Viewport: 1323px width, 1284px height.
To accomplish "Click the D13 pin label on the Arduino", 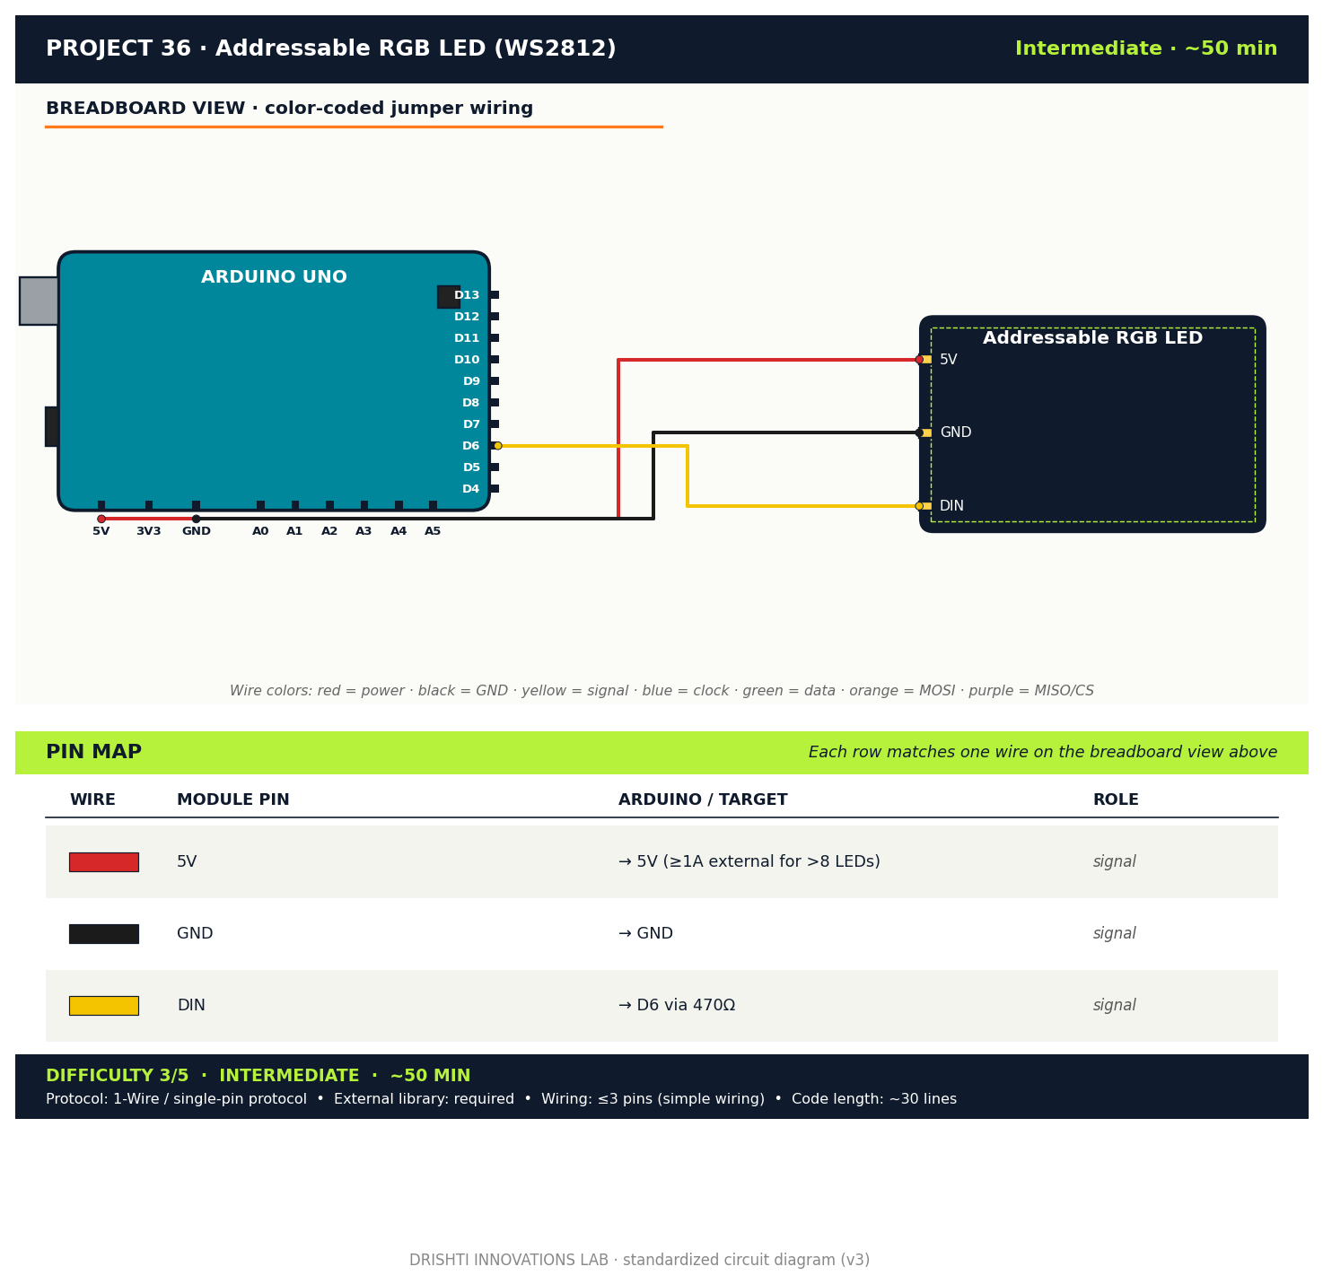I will (x=467, y=295).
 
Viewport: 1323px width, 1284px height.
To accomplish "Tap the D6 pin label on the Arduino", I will (x=470, y=446).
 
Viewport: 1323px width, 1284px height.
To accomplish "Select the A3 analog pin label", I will (x=364, y=531).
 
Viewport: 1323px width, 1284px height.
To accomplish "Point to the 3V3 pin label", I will (x=148, y=531).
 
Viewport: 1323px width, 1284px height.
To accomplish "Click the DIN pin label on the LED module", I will (x=951, y=506).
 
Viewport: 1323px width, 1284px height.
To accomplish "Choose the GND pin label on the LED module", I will (x=955, y=432).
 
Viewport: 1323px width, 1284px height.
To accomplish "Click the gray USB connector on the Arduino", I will (x=39, y=301).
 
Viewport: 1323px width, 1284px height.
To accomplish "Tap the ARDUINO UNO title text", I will (x=274, y=277).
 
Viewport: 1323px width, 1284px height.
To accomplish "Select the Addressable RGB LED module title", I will (x=1092, y=338).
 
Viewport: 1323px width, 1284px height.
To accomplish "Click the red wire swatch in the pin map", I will (x=104, y=862).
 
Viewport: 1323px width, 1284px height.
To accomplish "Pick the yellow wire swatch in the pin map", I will (x=104, y=1006).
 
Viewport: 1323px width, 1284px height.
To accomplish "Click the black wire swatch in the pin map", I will (x=104, y=934).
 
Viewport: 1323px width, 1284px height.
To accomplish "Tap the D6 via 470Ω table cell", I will (x=677, y=1006).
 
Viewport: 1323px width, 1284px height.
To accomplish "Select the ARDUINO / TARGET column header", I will (x=703, y=799).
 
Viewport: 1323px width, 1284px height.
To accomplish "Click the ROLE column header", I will (x=1116, y=799).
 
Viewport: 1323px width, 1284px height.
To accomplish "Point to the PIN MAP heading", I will (x=93, y=752).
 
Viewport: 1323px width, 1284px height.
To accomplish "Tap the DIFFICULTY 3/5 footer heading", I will (x=118, y=1076).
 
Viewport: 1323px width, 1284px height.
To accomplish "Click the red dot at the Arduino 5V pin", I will (x=101, y=519).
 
